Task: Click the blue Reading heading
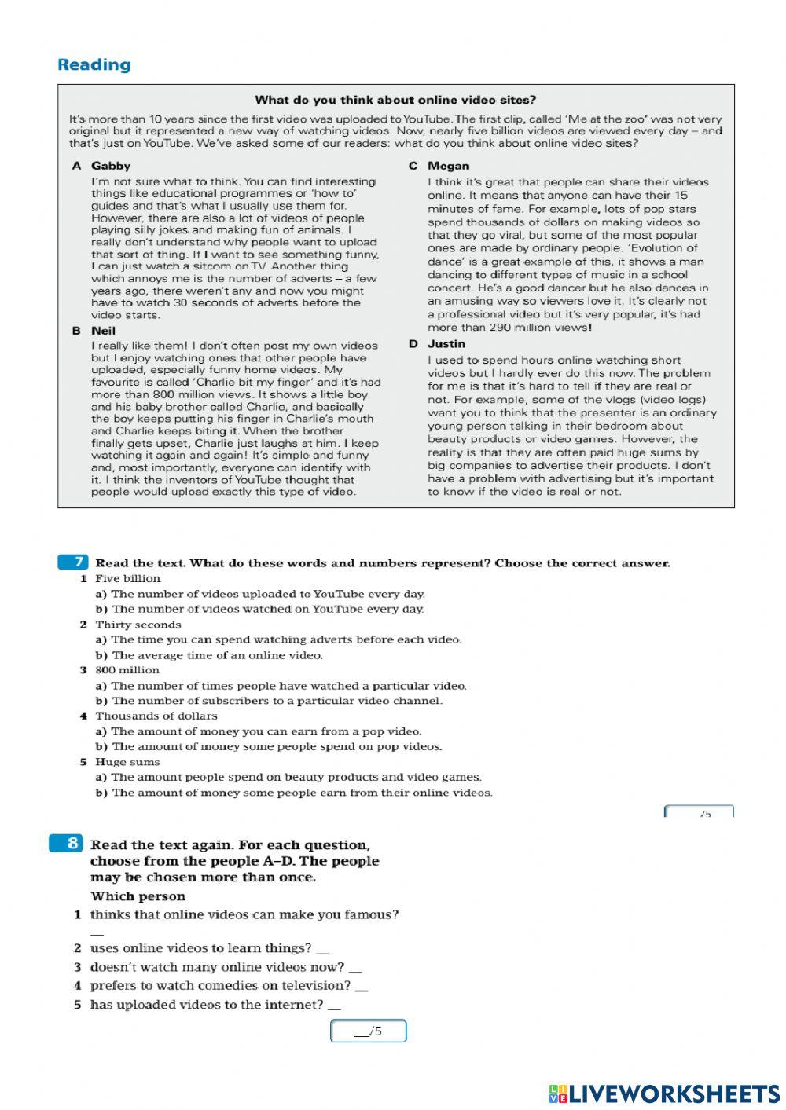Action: pyautogui.click(x=94, y=65)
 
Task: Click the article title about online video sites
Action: pyautogui.click(x=395, y=100)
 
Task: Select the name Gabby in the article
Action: pyautogui.click(x=111, y=166)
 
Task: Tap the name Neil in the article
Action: pyautogui.click(x=103, y=331)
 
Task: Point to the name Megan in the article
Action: pyautogui.click(x=448, y=166)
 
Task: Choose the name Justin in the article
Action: pyautogui.click(x=446, y=344)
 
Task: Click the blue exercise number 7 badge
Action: pyautogui.click(x=73, y=562)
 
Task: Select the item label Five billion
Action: pyautogui.click(x=128, y=579)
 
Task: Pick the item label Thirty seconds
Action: pyautogui.click(x=138, y=625)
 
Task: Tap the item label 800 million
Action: pyautogui.click(x=127, y=670)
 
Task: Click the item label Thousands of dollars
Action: pyautogui.click(x=156, y=716)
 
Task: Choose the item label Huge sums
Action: pyautogui.click(x=127, y=762)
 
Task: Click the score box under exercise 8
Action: pyautogui.click(x=368, y=1031)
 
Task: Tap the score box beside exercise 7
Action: pyautogui.click(x=699, y=811)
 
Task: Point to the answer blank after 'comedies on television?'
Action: pyautogui.click(x=362, y=987)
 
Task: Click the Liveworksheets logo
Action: pyautogui.click(x=664, y=1094)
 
